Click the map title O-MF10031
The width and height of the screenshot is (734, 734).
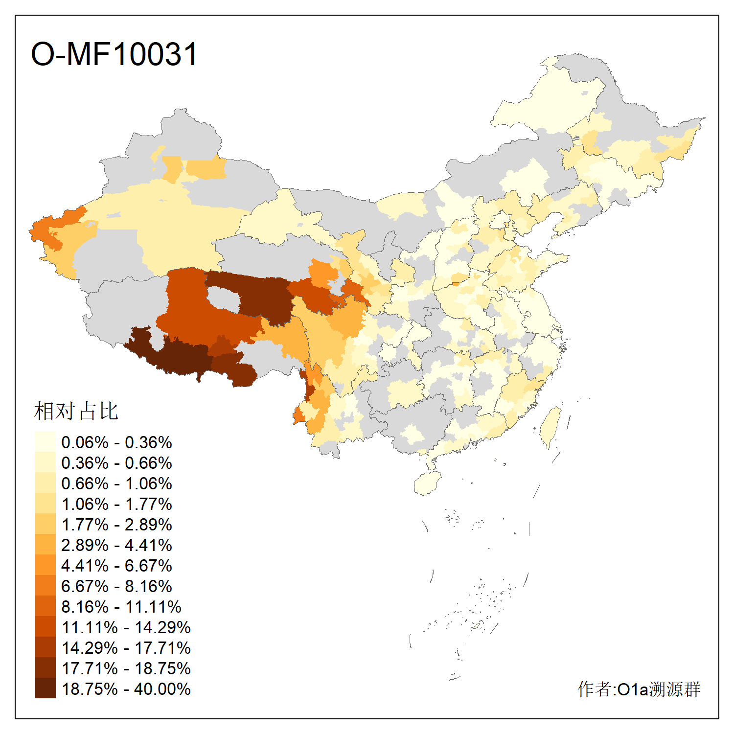(114, 54)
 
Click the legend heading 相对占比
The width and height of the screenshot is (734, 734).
(76, 411)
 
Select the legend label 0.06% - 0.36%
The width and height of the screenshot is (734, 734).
(116, 442)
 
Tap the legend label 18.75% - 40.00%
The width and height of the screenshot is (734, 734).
(126, 689)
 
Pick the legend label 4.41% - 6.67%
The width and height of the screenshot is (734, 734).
(116, 566)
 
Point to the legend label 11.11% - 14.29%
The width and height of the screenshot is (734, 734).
(126, 627)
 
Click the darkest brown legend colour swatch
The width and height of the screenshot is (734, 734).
(45, 688)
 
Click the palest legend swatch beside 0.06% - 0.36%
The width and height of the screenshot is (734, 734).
(45, 442)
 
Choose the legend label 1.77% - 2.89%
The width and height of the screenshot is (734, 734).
(116, 525)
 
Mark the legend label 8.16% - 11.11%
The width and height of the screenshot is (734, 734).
(121, 607)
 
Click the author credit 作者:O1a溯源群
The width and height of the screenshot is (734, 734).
(639, 689)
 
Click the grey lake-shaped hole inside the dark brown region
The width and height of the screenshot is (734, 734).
(223, 298)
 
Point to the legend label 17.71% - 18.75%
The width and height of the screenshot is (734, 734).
(126, 668)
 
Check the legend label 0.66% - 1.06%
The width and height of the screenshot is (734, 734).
(116, 483)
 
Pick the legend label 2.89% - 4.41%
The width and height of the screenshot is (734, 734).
(116, 545)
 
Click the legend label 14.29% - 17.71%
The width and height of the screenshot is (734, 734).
(126, 648)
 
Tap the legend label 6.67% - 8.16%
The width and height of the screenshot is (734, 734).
(116, 586)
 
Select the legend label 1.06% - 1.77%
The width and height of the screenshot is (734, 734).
(116, 504)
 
